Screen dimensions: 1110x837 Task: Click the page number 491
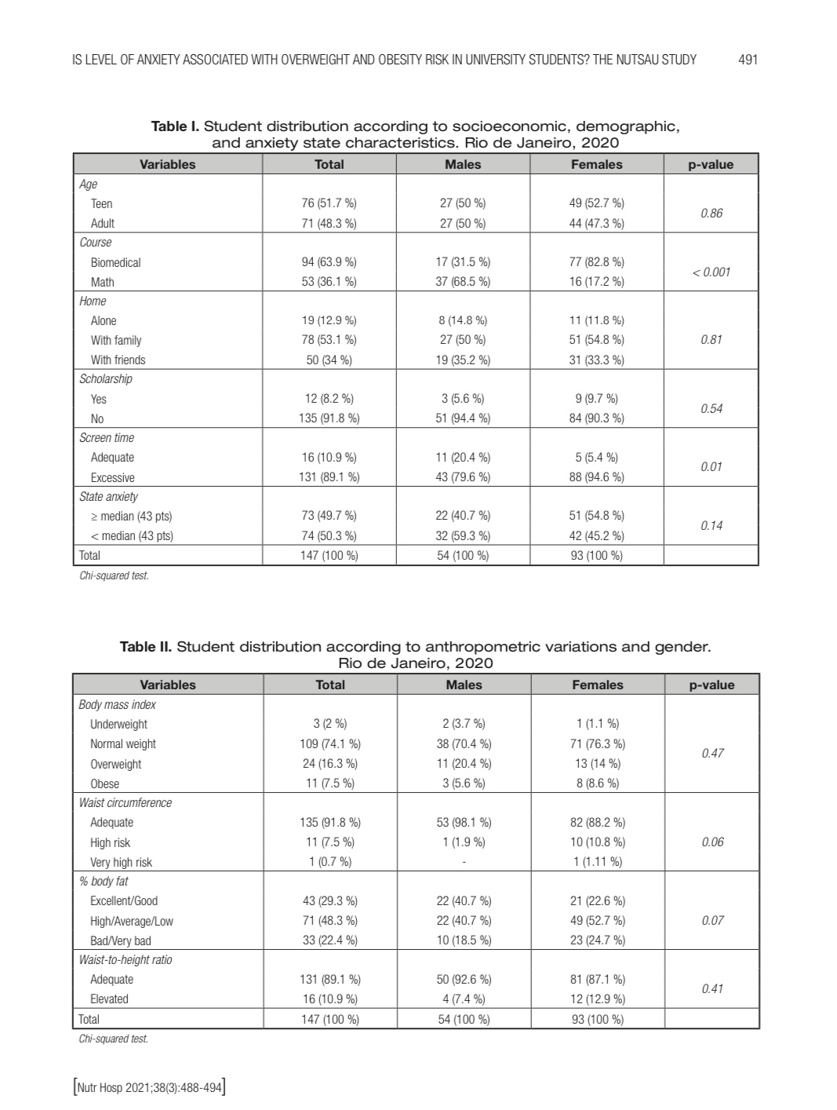click(748, 60)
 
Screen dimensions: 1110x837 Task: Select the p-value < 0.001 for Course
click(711, 272)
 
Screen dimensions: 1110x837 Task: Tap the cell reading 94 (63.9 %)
click(329, 262)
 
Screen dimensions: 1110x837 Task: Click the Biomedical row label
click(115, 262)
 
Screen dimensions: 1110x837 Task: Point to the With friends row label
click(118, 360)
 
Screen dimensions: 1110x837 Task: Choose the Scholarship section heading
click(106, 379)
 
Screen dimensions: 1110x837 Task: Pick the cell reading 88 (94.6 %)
click(596, 477)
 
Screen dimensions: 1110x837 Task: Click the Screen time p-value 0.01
click(711, 467)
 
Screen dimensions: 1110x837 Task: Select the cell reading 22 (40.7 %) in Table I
click(463, 516)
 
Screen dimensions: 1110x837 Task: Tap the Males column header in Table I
click(463, 164)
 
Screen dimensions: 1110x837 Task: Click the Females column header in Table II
click(597, 685)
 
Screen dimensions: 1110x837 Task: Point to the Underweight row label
click(118, 725)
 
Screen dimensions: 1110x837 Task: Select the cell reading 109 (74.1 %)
click(329, 744)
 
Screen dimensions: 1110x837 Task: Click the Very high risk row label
click(121, 862)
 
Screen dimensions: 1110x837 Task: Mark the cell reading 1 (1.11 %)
click(597, 862)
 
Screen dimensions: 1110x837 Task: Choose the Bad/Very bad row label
click(120, 940)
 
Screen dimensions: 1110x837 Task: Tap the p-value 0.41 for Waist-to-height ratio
click(711, 989)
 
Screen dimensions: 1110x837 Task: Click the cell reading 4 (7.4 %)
click(463, 999)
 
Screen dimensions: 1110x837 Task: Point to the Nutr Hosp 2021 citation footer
click(149, 1089)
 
